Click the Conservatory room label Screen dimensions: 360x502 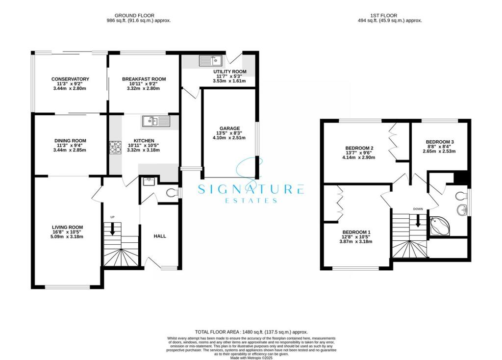(71, 79)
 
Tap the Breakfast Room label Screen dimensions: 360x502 (144, 79)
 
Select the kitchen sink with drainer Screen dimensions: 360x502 (156, 121)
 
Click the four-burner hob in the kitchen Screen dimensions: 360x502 (115, 147)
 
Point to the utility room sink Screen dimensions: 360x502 (211, 61)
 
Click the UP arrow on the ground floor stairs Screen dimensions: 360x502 (113, 228)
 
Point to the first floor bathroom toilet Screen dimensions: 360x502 (461, 197)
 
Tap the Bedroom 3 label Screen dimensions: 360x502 (439, 142)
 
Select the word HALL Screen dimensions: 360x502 (160, 236)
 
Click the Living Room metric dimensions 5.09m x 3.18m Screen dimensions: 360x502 (68, 237)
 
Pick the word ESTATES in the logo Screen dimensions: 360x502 (251, 200)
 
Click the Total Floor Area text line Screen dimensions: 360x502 (251, 332)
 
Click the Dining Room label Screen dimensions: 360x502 (71, 141)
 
